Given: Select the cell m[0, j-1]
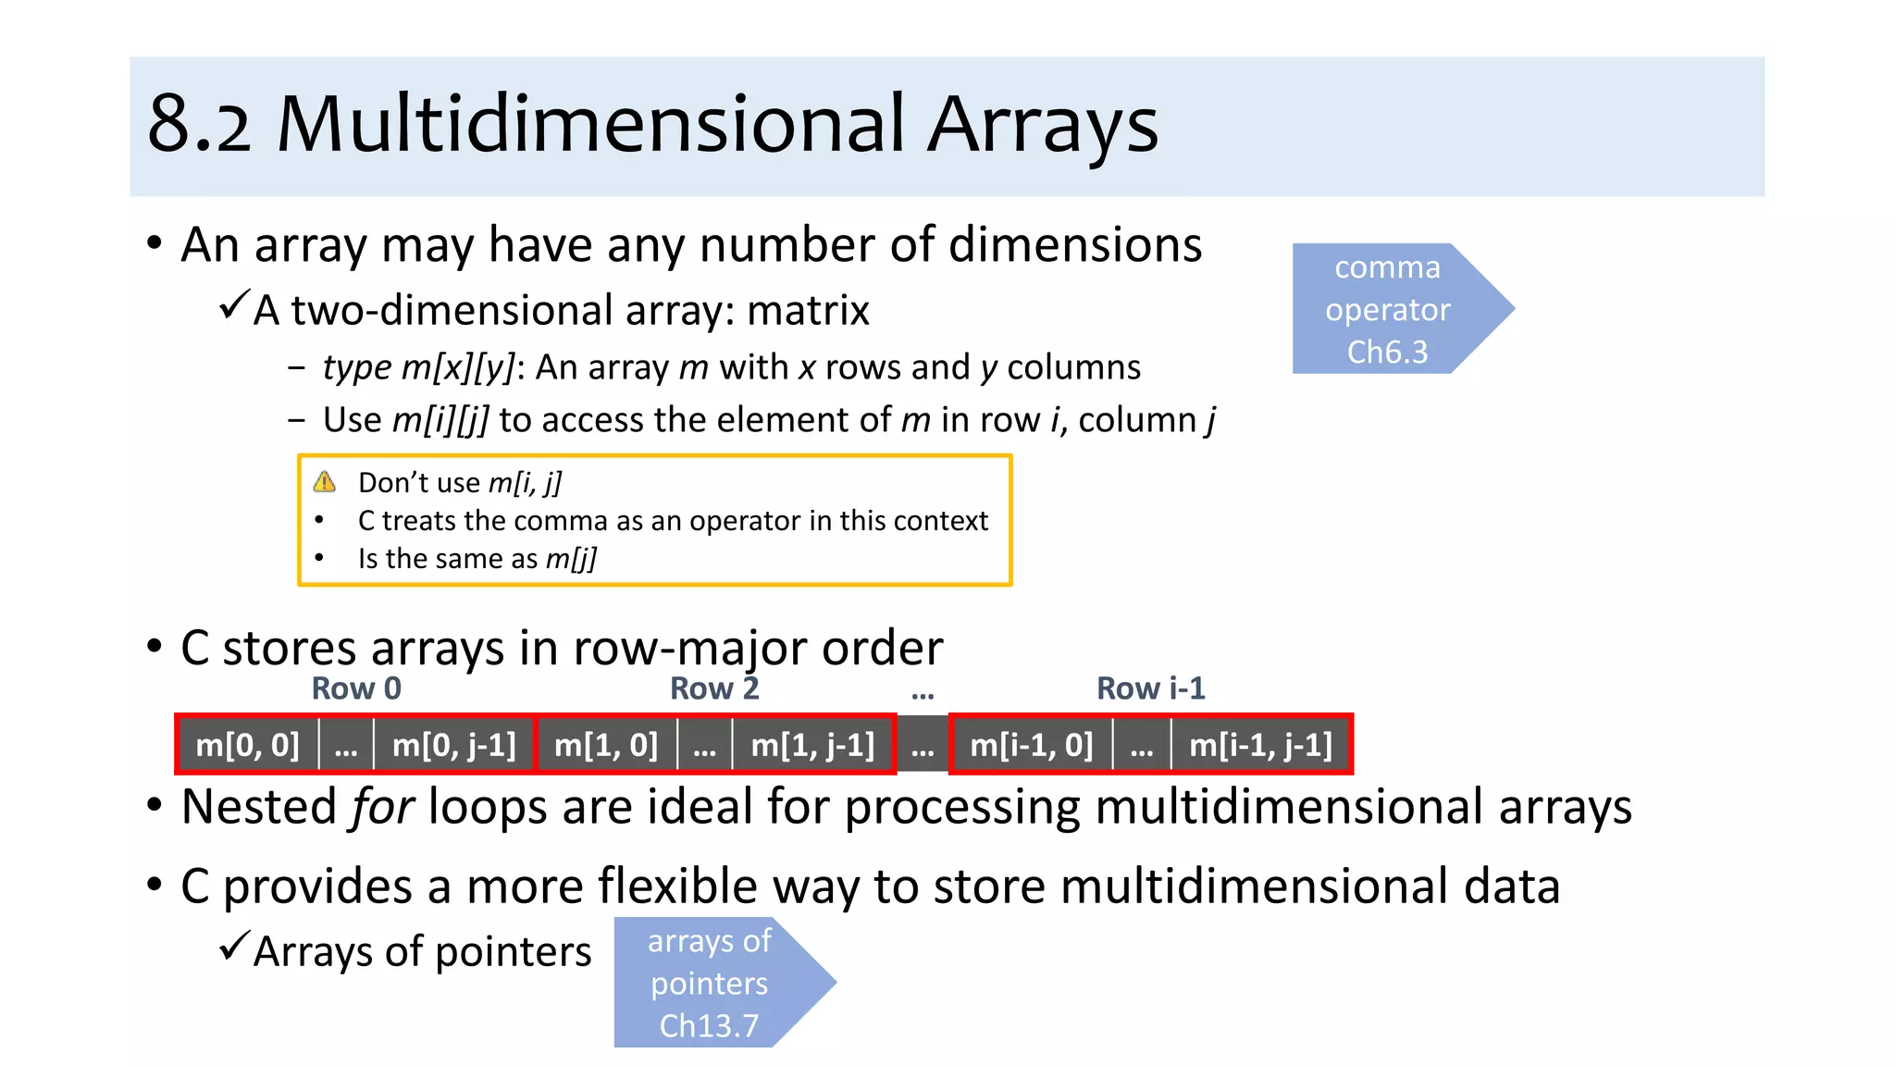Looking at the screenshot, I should [x=453, y=745].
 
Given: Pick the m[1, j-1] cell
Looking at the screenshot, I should [x=812, y=745].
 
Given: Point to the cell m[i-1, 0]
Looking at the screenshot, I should [x=1031, y=745].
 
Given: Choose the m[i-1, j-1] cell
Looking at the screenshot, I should [x=1260, y=745].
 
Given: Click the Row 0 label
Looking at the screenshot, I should [x=356, y=688].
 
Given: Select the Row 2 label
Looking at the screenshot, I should [x=714, y=688].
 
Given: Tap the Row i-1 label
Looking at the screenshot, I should [x=1150, y=688].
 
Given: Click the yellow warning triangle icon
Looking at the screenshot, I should [x=325, y=482].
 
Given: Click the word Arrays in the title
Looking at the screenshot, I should [x=1043, y=125].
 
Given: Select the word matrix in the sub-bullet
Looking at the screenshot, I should [x=808, y=311].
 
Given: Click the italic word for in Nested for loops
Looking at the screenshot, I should [x=381, y=807].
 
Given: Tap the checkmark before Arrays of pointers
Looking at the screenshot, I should [x=234, y=947].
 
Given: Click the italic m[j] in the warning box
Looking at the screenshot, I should [x=571, y=559].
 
